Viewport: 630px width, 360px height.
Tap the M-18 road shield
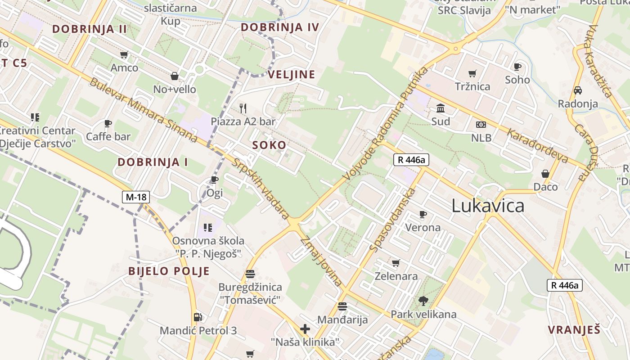point(135,197)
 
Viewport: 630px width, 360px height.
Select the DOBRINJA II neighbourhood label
point(90,29)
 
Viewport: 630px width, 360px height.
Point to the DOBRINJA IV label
point(280,27)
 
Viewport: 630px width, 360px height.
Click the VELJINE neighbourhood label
point(292,75)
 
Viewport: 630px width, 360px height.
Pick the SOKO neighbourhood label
point(269,145)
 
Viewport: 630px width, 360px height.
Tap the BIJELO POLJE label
point(169,271)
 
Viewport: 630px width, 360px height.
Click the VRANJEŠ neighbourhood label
point(574,329)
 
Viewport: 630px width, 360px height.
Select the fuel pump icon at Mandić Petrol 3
point(198,317)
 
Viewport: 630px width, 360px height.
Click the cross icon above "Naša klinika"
point(305,329)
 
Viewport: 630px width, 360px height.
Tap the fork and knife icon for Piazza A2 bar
point(243,108)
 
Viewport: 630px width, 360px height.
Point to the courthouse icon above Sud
point(441,108)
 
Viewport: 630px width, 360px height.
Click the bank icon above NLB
point(481,125)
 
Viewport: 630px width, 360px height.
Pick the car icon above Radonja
point(578,90)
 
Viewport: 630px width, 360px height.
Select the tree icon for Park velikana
point(423,301)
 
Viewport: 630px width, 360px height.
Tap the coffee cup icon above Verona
point(423,214)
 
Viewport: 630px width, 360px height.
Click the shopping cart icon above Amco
point(124,55)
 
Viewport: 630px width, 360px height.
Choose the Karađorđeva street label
point(537,146)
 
